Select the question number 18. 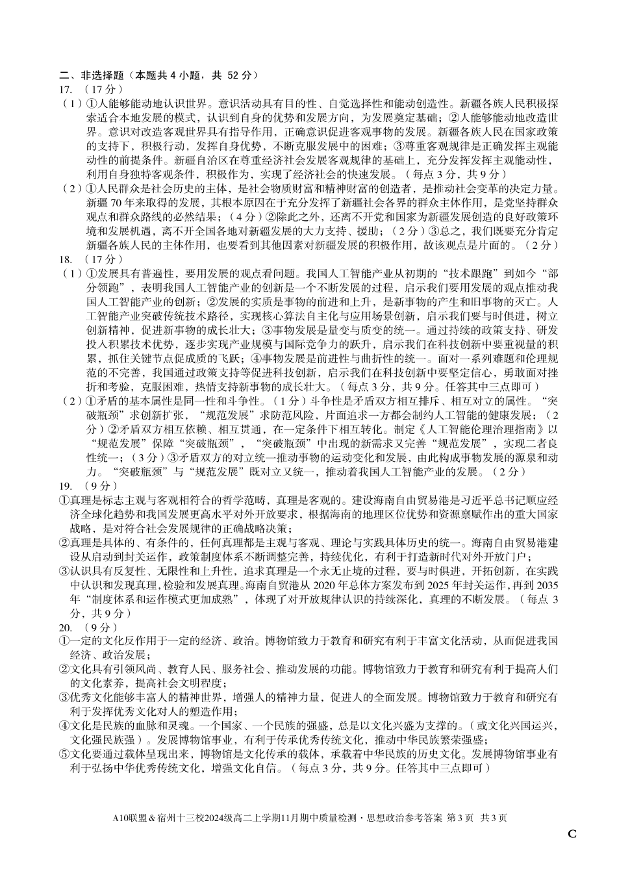[x=65, y=259]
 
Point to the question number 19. [x=65, y=486]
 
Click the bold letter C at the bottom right [x=572, y=834]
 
